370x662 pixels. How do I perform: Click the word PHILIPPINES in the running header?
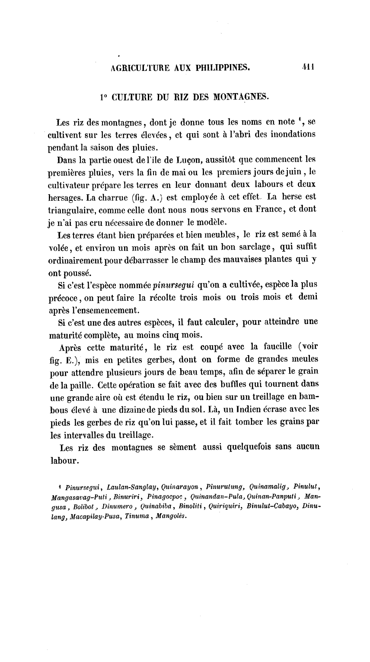click(220, 67)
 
